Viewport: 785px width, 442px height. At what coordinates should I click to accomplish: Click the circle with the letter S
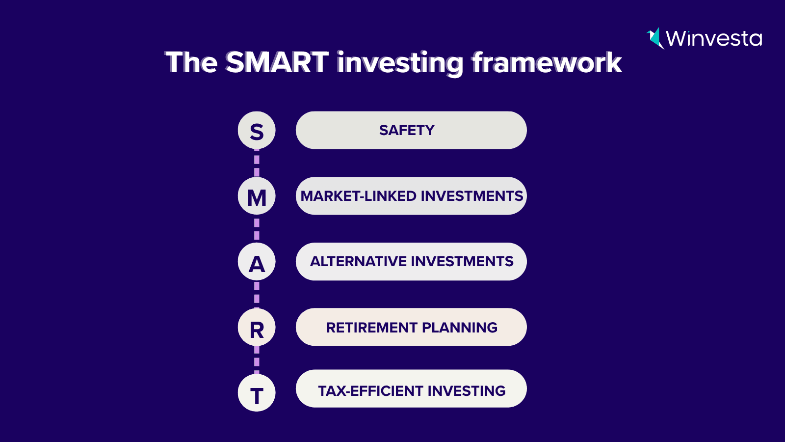click(257, 130)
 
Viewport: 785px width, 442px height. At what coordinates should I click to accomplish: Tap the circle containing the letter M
click(257, 196)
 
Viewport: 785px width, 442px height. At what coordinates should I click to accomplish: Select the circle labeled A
click(257, 261)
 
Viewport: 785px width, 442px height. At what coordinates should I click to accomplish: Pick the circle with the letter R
click(257, 327)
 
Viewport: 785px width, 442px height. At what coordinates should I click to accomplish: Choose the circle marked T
click(257, 392)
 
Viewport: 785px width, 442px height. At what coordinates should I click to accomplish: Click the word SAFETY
click(407, 130)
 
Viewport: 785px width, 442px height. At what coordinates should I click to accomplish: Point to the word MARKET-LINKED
click(359, 196)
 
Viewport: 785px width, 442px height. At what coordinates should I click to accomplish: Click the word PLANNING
click(460, 327)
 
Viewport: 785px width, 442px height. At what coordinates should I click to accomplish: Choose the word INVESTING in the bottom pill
click(467, 391)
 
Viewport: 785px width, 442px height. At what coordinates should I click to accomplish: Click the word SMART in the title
click(277, 62)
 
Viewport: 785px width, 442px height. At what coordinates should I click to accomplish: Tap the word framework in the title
click(547, 62)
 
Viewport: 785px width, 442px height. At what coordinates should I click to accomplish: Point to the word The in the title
click(191, 62)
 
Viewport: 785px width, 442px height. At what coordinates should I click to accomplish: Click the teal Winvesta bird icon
click(654, 38)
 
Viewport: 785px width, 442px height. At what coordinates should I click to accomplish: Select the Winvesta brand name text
click(714, 38)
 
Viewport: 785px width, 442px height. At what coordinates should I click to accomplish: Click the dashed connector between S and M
click(257, 163)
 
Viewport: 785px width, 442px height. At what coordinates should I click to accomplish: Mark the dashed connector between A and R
click(257, 294)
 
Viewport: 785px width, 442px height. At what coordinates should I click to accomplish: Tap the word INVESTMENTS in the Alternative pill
click(462, 261)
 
